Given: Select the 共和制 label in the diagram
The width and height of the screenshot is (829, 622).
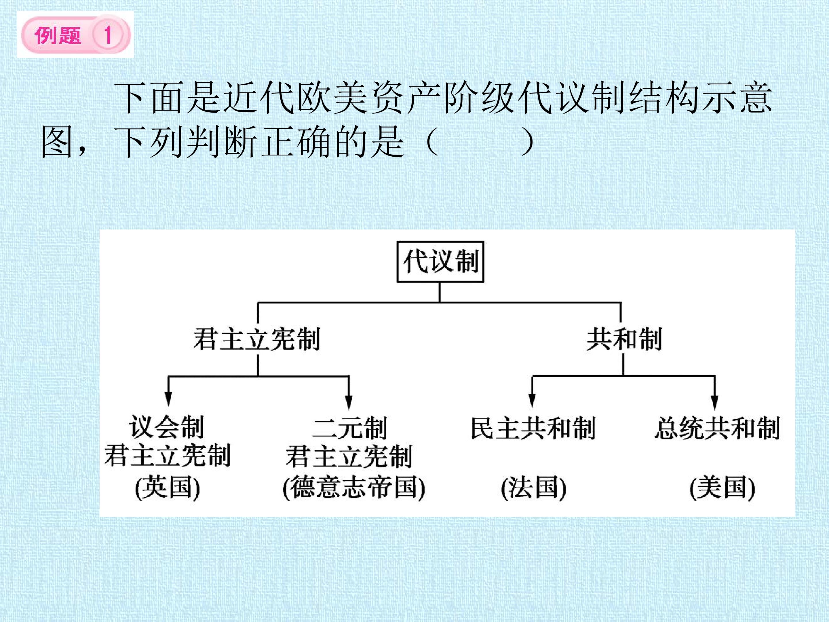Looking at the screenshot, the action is pyautogui.click(x=624, y=339).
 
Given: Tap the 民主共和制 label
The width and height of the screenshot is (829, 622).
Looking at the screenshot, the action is pyautogui.click(x=533, y=428).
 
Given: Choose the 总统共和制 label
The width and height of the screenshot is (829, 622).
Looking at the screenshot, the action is pyautogui.click(x=717, y=428).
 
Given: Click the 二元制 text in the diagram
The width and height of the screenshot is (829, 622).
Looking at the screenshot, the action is pyautogui.click(x=349, y=428).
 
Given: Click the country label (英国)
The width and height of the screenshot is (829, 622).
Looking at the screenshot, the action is pyautogui.click(x=168, y=488).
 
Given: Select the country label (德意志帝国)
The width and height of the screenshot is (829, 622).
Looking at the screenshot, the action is pyautogui.click(x=354, y=488).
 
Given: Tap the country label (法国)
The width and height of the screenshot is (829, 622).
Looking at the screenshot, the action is pyautogui.click(x=533, y=488).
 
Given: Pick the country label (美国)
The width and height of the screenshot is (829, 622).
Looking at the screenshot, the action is pyautogui.click(x=722, y=488).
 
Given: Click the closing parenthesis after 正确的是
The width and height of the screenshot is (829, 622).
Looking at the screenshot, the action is pyautogui.click(x=528, y=143).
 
